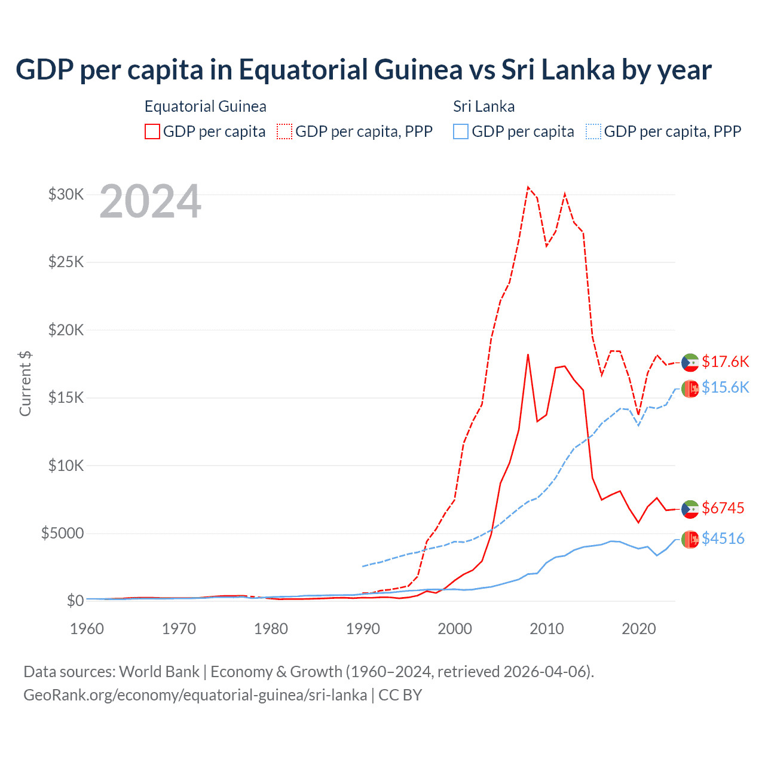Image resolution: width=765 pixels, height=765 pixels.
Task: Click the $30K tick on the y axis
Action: tap(66, 194)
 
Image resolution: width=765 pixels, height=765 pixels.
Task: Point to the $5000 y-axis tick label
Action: tap(62, 533)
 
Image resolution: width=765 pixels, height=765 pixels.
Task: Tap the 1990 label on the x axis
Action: tap(363, 629)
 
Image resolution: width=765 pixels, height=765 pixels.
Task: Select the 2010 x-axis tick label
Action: tap(547, 629)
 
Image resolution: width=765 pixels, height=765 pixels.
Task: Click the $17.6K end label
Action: tap(725, 362)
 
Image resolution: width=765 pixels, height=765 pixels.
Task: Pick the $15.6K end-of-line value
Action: tap(725, 387)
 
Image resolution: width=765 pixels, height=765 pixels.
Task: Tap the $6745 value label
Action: tap(723, 508)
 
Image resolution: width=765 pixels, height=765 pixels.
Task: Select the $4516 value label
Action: tap(723, 538)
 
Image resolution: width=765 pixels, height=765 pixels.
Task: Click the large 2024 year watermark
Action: tap(151, 201)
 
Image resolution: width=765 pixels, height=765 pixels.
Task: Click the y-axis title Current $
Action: tap(25, 384)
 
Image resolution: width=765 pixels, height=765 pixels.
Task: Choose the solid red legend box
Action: tap(152, 131)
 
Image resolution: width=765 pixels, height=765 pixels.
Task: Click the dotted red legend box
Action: tap(284, 131)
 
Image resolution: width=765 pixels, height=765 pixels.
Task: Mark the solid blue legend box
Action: tap(461, 131)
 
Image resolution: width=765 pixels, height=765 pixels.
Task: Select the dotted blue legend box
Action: tap(593, 131)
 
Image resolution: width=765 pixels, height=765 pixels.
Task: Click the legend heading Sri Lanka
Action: tap(484, 106)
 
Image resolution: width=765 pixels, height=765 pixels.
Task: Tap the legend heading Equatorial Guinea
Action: tap(205, 106)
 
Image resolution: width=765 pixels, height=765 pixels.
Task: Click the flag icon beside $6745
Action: tap(690, 509)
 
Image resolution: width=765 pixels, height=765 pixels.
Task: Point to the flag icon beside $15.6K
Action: tap(690, 388)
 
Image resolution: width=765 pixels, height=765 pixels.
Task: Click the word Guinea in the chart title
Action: tap(420, 69)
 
